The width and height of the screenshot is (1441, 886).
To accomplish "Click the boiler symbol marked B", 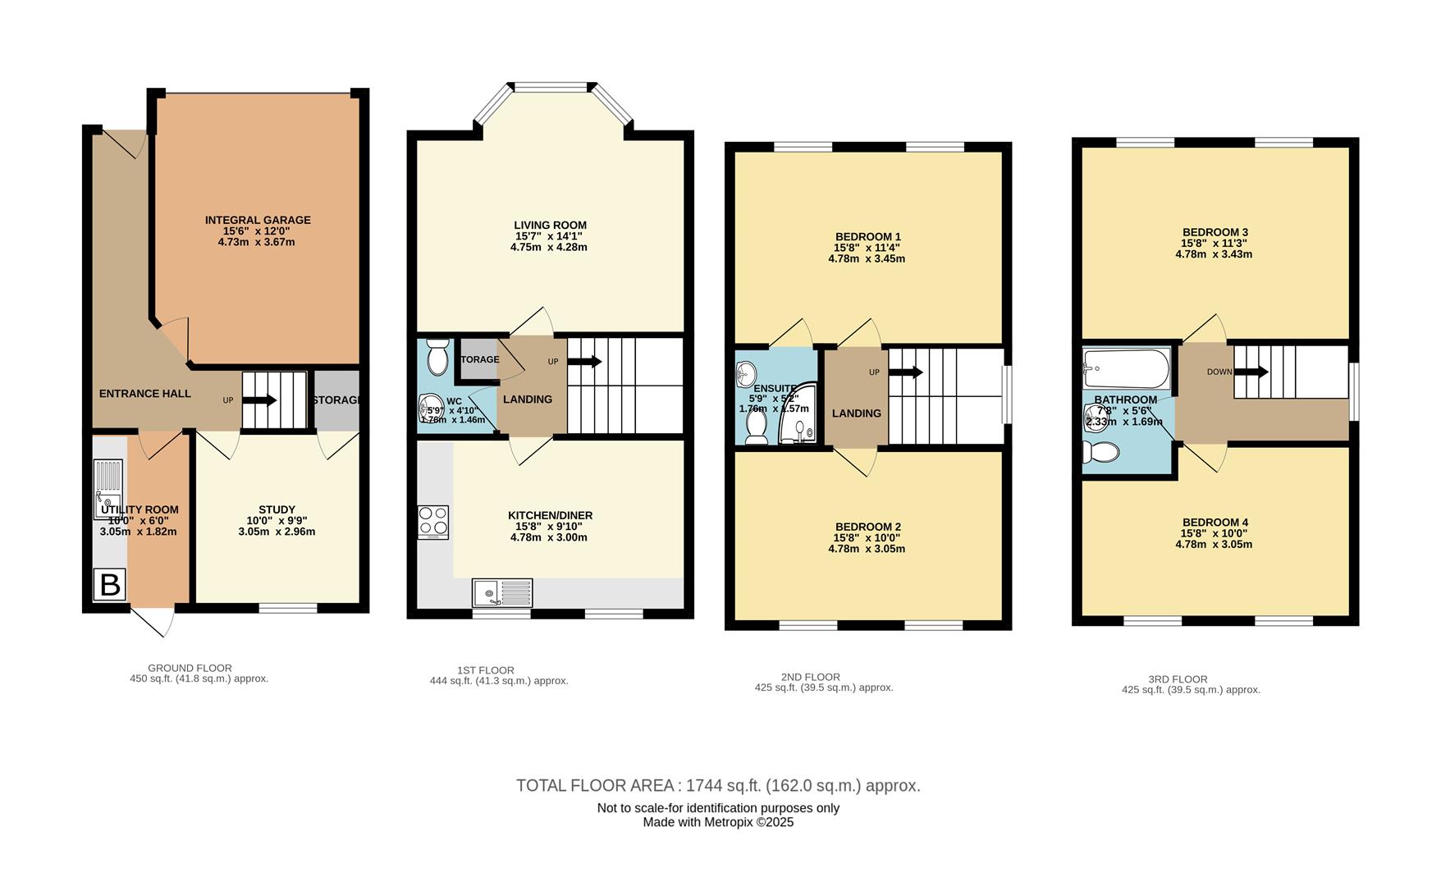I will [110, 585].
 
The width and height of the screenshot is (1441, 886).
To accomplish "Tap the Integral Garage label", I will [258, 220].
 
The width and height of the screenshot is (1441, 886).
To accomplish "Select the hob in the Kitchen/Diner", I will [433, 522].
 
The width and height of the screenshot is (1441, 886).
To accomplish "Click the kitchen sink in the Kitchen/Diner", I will [501, 592].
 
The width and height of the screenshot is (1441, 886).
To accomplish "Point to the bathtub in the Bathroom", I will [1126, 369].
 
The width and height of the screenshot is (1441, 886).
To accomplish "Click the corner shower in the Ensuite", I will [799, 415].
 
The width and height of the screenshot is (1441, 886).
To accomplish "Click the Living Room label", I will [550, 225].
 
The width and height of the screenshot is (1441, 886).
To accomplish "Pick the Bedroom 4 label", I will [1215, 523].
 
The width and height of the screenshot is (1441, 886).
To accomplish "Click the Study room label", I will [277, 509].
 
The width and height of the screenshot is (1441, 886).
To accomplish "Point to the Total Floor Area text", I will [718, 786].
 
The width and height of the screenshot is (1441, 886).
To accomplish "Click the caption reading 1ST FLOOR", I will [485, 670].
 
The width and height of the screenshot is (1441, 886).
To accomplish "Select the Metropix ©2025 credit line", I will [718, 822].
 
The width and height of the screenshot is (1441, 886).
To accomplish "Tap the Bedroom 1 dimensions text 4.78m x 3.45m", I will [867, 258].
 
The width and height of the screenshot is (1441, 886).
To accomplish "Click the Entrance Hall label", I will [145, 394].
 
